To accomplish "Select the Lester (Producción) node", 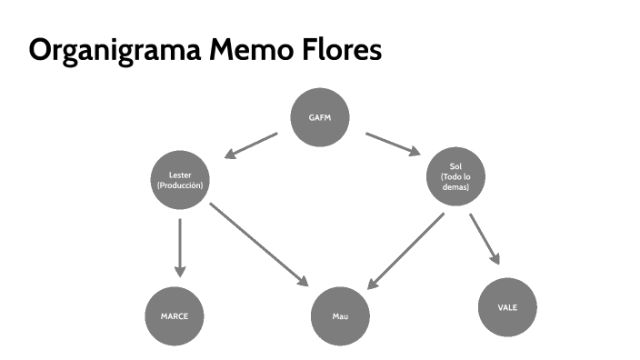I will click(x=179, y=178).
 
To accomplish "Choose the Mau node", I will click(x=340, y=316).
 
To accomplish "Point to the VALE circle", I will click(x=507, y=307).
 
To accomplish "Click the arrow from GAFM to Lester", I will click(x=250, y=146).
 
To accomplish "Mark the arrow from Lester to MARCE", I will click(x=179, y=246).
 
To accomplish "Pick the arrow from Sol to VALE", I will click(x=485, y=239).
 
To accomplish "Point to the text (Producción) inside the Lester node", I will click(x=179, y=185).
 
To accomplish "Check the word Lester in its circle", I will click(x=179, y=173).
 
